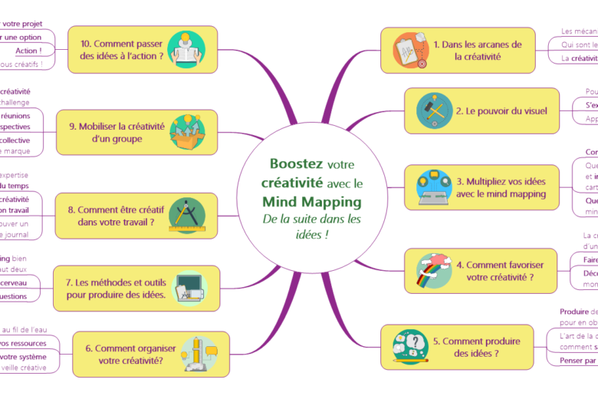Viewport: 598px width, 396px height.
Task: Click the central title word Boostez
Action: point(296,164)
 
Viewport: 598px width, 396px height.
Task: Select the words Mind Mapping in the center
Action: point(311,202)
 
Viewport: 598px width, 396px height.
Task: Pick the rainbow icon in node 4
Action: point(433,270)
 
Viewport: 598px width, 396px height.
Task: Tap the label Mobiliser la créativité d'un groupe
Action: point(116,132)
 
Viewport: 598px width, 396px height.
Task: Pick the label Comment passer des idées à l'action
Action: point(122,49)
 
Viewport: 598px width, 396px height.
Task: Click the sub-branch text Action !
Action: point(28,51)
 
